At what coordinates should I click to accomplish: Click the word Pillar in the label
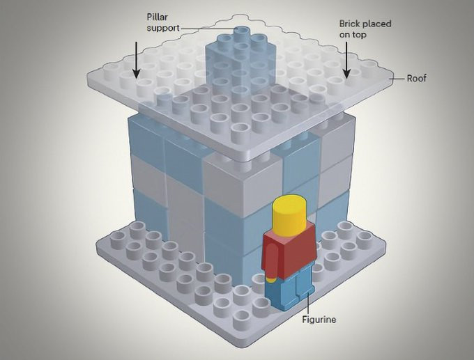[x=157, y=17]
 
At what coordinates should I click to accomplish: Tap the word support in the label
[x=163, y=29]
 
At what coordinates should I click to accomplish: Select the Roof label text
[x=416, y=79]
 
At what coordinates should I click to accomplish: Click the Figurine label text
[x=319, y=320]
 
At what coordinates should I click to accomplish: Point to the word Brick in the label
[x=350, y=24]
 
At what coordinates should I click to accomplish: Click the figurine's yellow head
[x=289, y=216]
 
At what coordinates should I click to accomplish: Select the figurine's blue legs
[x=289, y=288]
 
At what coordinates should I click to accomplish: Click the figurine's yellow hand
[x=271, y=280]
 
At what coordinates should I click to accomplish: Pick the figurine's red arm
[x=271, y=260]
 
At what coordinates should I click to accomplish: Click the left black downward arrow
[x=137, y=60]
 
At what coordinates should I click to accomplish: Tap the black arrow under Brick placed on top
[x=346, y=60]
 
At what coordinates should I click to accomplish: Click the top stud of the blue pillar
[x=242, y=31]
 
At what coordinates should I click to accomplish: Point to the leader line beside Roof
[x=397, y=79]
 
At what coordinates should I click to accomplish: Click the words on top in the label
[x=353, y=35]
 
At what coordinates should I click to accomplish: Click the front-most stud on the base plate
[x=241, y=317]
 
